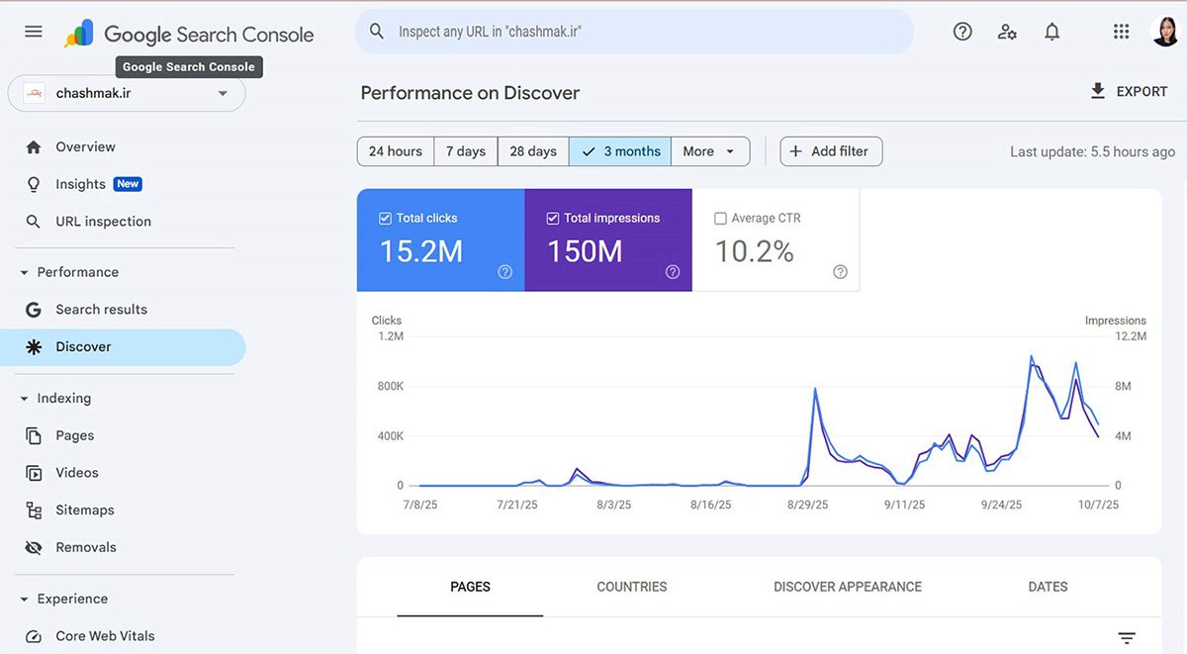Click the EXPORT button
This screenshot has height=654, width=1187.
point(1129,92)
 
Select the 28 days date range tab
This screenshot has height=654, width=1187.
point(533,151)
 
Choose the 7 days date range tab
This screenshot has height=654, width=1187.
point(466,151)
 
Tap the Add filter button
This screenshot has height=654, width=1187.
point(831,151)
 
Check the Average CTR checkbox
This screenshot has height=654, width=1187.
point(720,219)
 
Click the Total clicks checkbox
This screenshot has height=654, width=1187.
point(386,219)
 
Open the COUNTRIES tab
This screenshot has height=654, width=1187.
point(632,587)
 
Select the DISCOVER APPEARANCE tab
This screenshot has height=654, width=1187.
point(848,587)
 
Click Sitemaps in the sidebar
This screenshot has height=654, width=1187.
point(85,511)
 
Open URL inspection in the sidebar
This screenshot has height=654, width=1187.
point(103,222)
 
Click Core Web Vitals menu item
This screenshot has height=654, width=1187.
point(105,636)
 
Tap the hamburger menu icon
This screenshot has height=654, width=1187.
point(34,32)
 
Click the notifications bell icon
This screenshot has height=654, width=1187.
point(1052,32)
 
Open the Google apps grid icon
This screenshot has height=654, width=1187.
point(1121,32)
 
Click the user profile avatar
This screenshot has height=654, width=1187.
point(1165,32)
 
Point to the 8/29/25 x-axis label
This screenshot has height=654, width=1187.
point(808,505)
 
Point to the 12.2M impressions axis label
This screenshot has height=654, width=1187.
point(1131,336)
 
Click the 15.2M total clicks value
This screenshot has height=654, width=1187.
point(421,251)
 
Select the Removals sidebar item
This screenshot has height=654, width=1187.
point(86,548)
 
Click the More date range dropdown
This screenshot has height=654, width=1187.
point(709,151)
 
